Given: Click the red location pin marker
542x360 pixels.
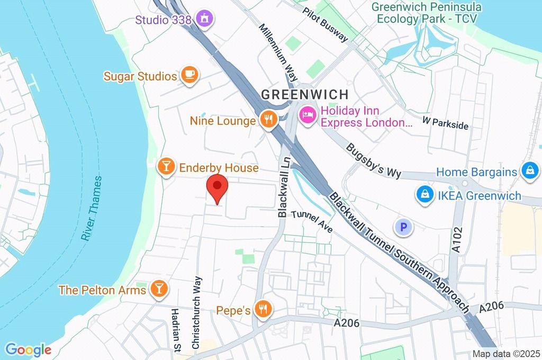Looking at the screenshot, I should [217, 187].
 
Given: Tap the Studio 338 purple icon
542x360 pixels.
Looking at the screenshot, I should [203, 19].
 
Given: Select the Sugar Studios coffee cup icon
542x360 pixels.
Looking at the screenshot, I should [189, 76].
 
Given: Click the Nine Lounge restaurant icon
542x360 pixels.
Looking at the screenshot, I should [269, 120].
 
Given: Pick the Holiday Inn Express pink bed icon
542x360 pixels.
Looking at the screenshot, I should [308, 114].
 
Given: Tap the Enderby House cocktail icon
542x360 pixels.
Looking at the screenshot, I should [166, 167].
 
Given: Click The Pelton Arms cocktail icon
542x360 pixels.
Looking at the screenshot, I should [158, 289].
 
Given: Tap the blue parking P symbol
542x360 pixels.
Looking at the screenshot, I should [404, 228].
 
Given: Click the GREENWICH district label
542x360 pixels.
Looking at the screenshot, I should [305, 95].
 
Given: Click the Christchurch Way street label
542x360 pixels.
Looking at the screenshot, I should [196, 312].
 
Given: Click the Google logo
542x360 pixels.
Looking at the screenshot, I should [28, 349].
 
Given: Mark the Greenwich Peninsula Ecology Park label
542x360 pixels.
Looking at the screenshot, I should [427, 13].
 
